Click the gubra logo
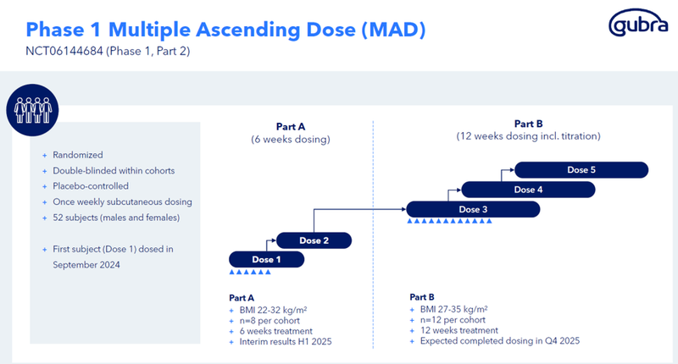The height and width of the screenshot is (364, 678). tap(637, 27)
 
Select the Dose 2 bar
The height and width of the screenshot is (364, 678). tap(314, 240)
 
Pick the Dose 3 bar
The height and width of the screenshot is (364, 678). tap(473, 208)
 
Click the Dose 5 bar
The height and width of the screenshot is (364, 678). tap(581, 170)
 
